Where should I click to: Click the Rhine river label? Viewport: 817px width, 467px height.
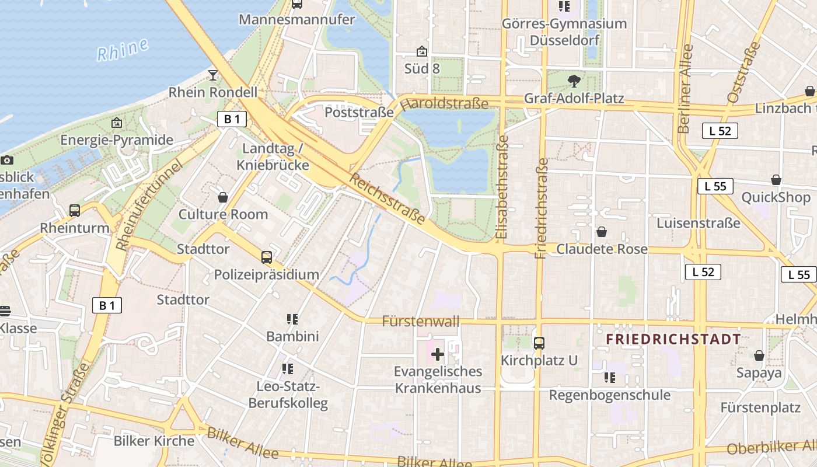(123, 50)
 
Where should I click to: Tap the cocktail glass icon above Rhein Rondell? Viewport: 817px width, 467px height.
(213, 75)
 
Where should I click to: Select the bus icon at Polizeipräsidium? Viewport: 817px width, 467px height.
(266, 257)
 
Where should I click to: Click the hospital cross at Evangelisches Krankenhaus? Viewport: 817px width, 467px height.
(438, 354)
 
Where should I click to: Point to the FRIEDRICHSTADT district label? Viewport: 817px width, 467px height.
(673, 339)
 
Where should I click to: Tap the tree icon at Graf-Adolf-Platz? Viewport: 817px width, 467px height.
(574, 81)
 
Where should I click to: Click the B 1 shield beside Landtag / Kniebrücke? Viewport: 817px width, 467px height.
(232, 119)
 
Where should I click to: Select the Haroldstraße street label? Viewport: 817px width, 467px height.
(445, 104)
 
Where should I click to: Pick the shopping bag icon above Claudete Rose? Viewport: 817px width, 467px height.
(602, 232)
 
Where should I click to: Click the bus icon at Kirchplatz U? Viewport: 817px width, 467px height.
(539, 343)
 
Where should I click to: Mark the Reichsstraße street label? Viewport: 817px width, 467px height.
(387, 198)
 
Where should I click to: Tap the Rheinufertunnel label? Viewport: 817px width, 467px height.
(149, 205)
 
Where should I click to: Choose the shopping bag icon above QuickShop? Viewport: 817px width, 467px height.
(776, 180)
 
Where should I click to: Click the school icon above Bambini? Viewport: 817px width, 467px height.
(292, 319)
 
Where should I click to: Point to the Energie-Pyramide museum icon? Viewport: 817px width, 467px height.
(117, 123)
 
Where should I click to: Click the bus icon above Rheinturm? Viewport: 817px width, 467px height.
(75, 210)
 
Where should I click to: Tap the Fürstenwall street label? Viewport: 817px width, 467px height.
(421, 321)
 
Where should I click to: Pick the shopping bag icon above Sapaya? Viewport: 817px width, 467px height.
(759, 355)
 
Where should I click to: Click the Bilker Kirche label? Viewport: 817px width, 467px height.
(154, 441)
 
